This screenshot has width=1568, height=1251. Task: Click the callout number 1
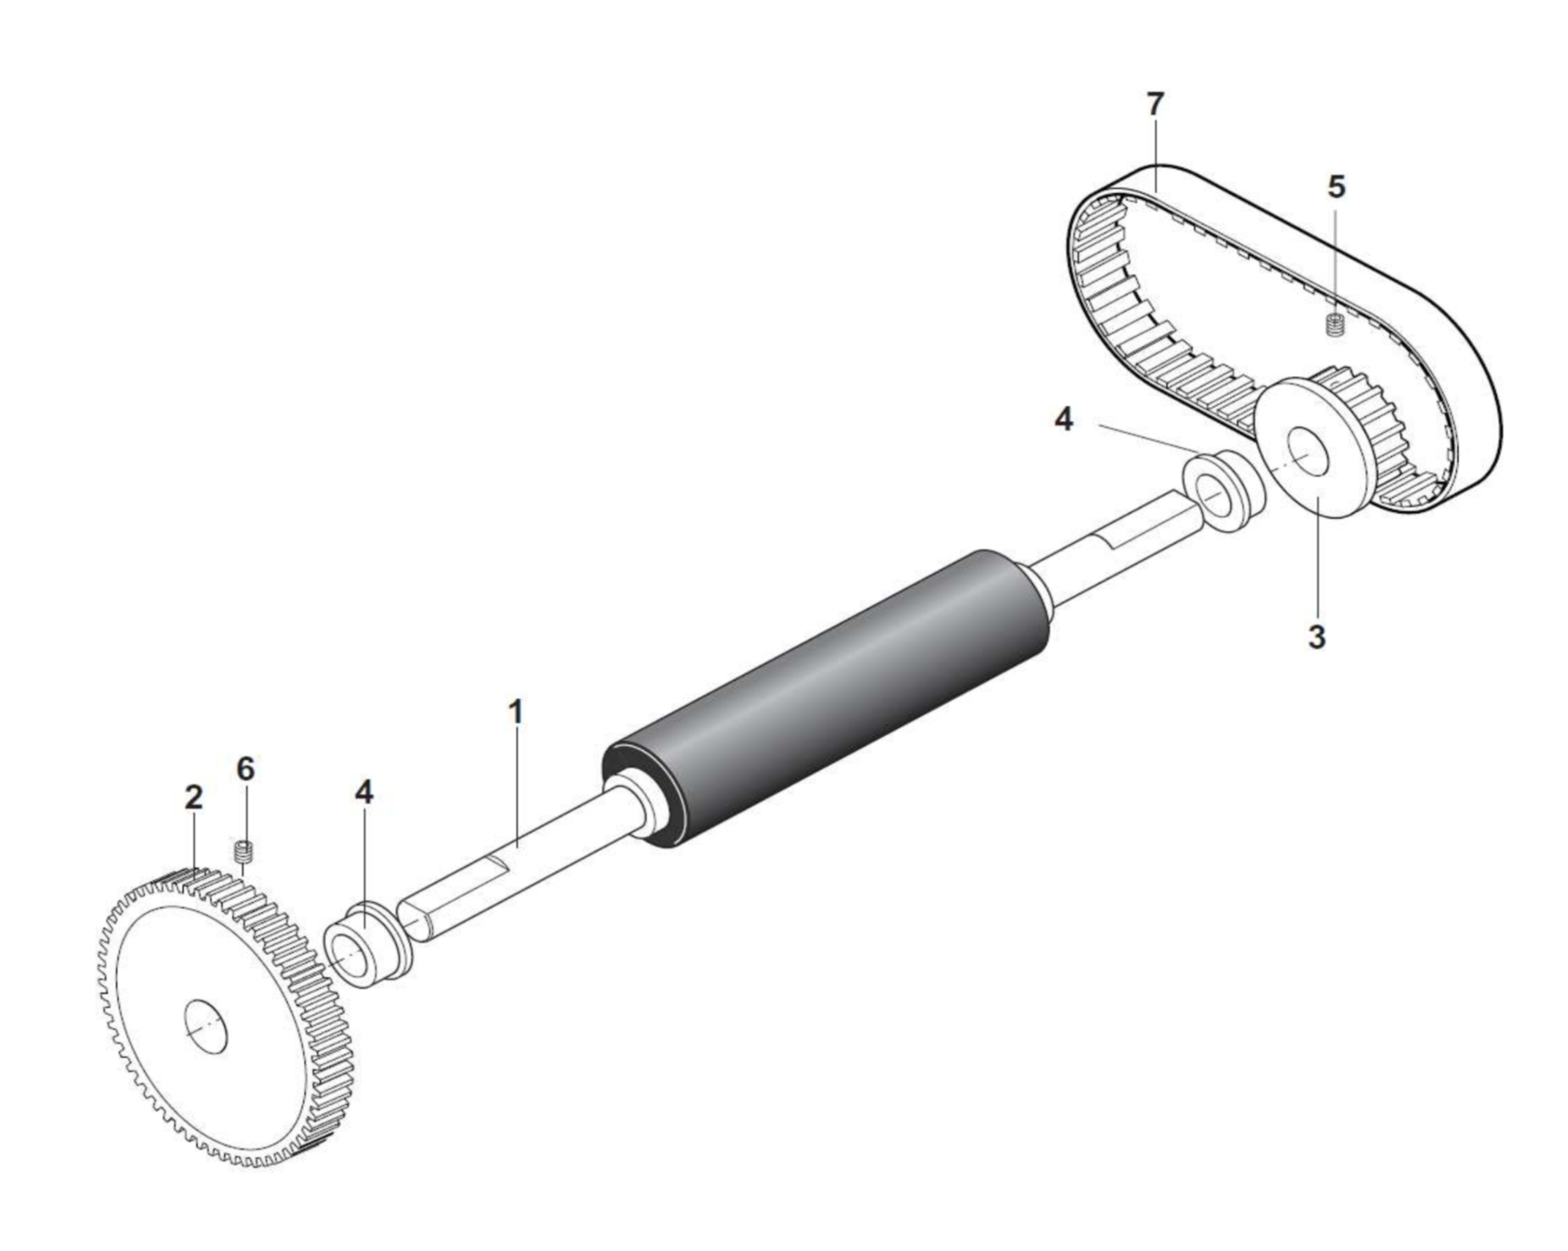(516, 712)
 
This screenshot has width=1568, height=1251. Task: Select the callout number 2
(193, 797)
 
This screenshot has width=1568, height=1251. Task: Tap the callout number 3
(1317, 638)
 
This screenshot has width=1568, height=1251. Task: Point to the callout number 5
(1336, 187)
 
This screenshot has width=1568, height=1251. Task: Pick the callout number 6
(246, 768)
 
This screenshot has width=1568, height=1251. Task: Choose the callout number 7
(1155, 105)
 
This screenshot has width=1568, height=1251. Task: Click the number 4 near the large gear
(364, 793)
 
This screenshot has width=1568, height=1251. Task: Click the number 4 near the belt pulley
(1064, 420)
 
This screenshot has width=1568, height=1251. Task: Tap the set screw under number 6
(243, 853)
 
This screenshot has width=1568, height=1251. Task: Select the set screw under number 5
(1336, 325)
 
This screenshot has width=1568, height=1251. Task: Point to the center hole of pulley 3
(1308, 452)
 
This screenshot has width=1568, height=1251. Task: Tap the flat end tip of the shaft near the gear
(412, 921)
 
